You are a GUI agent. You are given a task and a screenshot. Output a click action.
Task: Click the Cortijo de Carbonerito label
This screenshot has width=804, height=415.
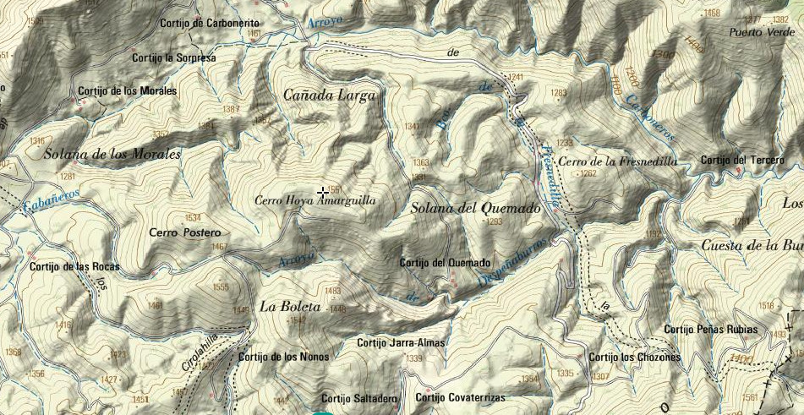pos(214,23)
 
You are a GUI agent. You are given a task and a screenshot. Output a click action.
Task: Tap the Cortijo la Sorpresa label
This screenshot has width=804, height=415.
pos(174,57)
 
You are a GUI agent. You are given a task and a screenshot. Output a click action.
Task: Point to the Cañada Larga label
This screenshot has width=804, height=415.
pos(329,96)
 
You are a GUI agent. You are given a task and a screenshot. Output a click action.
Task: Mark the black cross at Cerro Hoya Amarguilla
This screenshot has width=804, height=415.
pos(323,194)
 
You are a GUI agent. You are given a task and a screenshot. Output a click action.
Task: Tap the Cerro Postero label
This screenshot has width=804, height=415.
pos(184,232)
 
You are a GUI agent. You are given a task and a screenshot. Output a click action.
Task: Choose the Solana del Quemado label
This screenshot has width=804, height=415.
pos(475,208)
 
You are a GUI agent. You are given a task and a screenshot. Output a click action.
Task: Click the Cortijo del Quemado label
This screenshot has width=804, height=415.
pos(445,263)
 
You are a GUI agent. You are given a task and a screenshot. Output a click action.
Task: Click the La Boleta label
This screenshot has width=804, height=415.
pos(290,307)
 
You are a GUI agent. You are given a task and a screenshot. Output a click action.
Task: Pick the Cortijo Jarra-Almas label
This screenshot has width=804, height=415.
pos(401,343)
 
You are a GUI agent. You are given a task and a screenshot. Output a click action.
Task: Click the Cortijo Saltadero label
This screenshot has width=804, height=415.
pos(358,398)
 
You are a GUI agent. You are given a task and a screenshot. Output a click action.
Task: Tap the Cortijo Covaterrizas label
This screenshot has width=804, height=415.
pos(460,398)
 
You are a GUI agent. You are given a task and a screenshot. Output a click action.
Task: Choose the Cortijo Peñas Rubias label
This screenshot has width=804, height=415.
pos(711,329)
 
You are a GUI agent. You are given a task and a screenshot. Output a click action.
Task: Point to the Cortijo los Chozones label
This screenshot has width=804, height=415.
pos(634,358)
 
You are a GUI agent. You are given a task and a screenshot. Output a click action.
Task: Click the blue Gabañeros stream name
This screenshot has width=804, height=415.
pos(52,199)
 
